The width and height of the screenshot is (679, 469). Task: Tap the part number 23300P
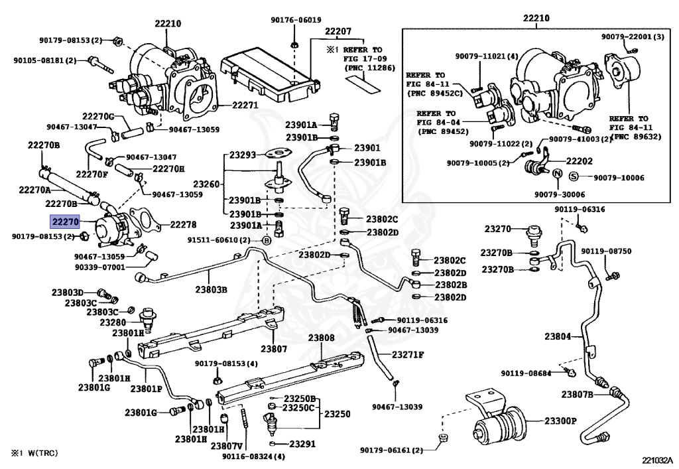[x=561, y=421]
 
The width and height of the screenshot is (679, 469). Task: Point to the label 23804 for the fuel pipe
[x=558, y=336]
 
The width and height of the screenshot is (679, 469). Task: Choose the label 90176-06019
[x=296, y=20]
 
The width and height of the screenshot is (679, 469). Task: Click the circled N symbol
[x=558, y=174]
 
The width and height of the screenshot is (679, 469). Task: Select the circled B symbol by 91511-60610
[x=267, y=240]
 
